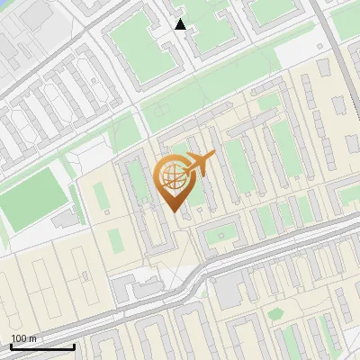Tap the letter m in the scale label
pos(33,338)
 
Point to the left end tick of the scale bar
pos(11,345)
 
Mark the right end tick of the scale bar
pos(74,345)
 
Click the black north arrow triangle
pos(181,24)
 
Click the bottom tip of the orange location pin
pos(174,210)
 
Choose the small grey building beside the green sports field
pos(65,219)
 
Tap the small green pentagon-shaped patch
pos(274,313)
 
